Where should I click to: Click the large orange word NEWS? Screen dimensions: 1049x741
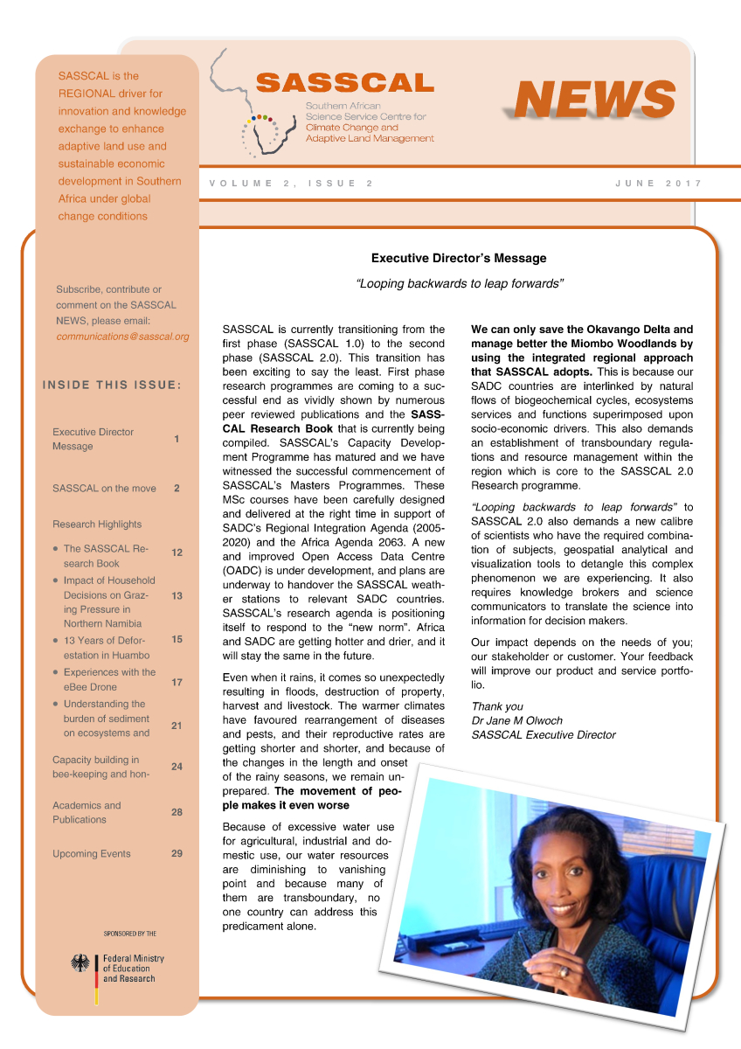pyautogui.click(x=594, y=99)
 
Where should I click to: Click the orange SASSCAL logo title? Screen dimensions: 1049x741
pyautogui.click(x=345, y=83)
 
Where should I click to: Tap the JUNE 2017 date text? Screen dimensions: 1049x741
pyautogui.click(x=658, y=184)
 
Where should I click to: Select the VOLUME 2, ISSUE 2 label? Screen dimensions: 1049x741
pyautogui.click(x=292, y=184)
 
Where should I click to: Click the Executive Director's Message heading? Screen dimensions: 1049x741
pyautogui.click(x=459, y=258)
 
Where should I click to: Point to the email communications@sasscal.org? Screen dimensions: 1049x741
pyautogui.click(x=122, y=337)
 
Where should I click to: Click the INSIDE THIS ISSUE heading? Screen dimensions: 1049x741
pyautogui.click(x=111, y=385)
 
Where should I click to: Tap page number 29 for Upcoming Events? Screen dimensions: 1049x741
pyautogui.click(x=177, y=853)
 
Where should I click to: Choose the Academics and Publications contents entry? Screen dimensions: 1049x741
pyautogui.click(x=87, y=812)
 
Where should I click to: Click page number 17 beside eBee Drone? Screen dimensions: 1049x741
pyautogui.click(x=177, y=682)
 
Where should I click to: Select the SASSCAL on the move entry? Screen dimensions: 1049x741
pyautogui.click(x=104, y=489)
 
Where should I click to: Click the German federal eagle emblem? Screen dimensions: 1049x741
pyautogui.click(x=81, y=964)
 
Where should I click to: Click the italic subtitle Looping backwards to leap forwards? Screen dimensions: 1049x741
pyautogui.click(x=459, y=283)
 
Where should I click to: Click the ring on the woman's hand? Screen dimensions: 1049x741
pyautogui.click(x=564, y=971)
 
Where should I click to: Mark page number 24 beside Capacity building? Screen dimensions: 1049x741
pyautogui.click(x=177, y=767)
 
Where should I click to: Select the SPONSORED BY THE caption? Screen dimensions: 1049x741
pyautogui.click(x=129, y=934)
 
